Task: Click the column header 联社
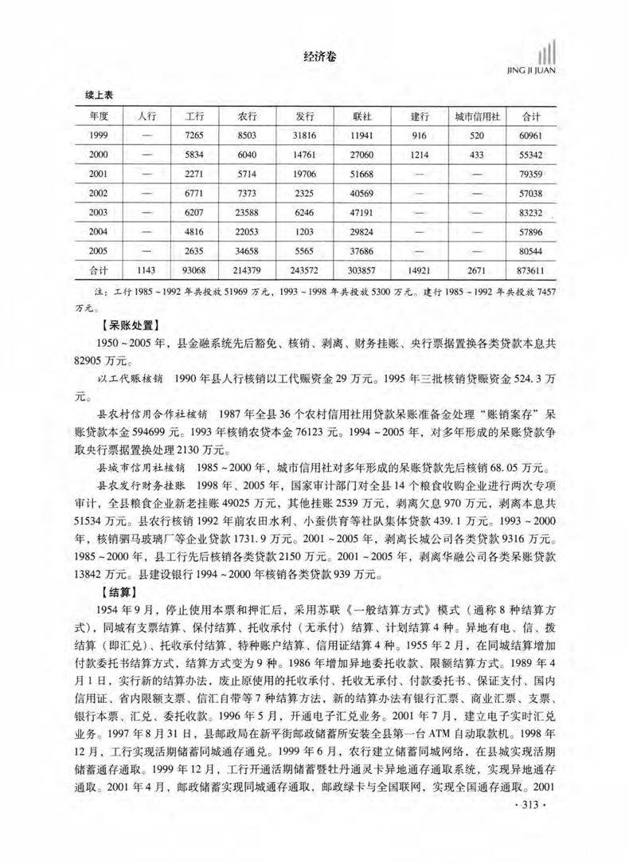[362, 116]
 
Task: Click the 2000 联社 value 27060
[362, 155]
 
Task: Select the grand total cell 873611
[531, 271]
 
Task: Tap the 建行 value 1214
[419, 155]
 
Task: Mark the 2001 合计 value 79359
[531, 174]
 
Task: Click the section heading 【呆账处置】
[129, 324]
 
